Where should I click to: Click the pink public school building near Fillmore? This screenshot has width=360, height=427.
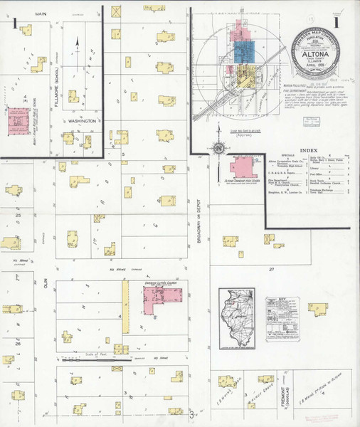pyautogui.click(x=15, y=122)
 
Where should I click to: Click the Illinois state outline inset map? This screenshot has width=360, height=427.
pyautogui.click(x=237, y=320)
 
